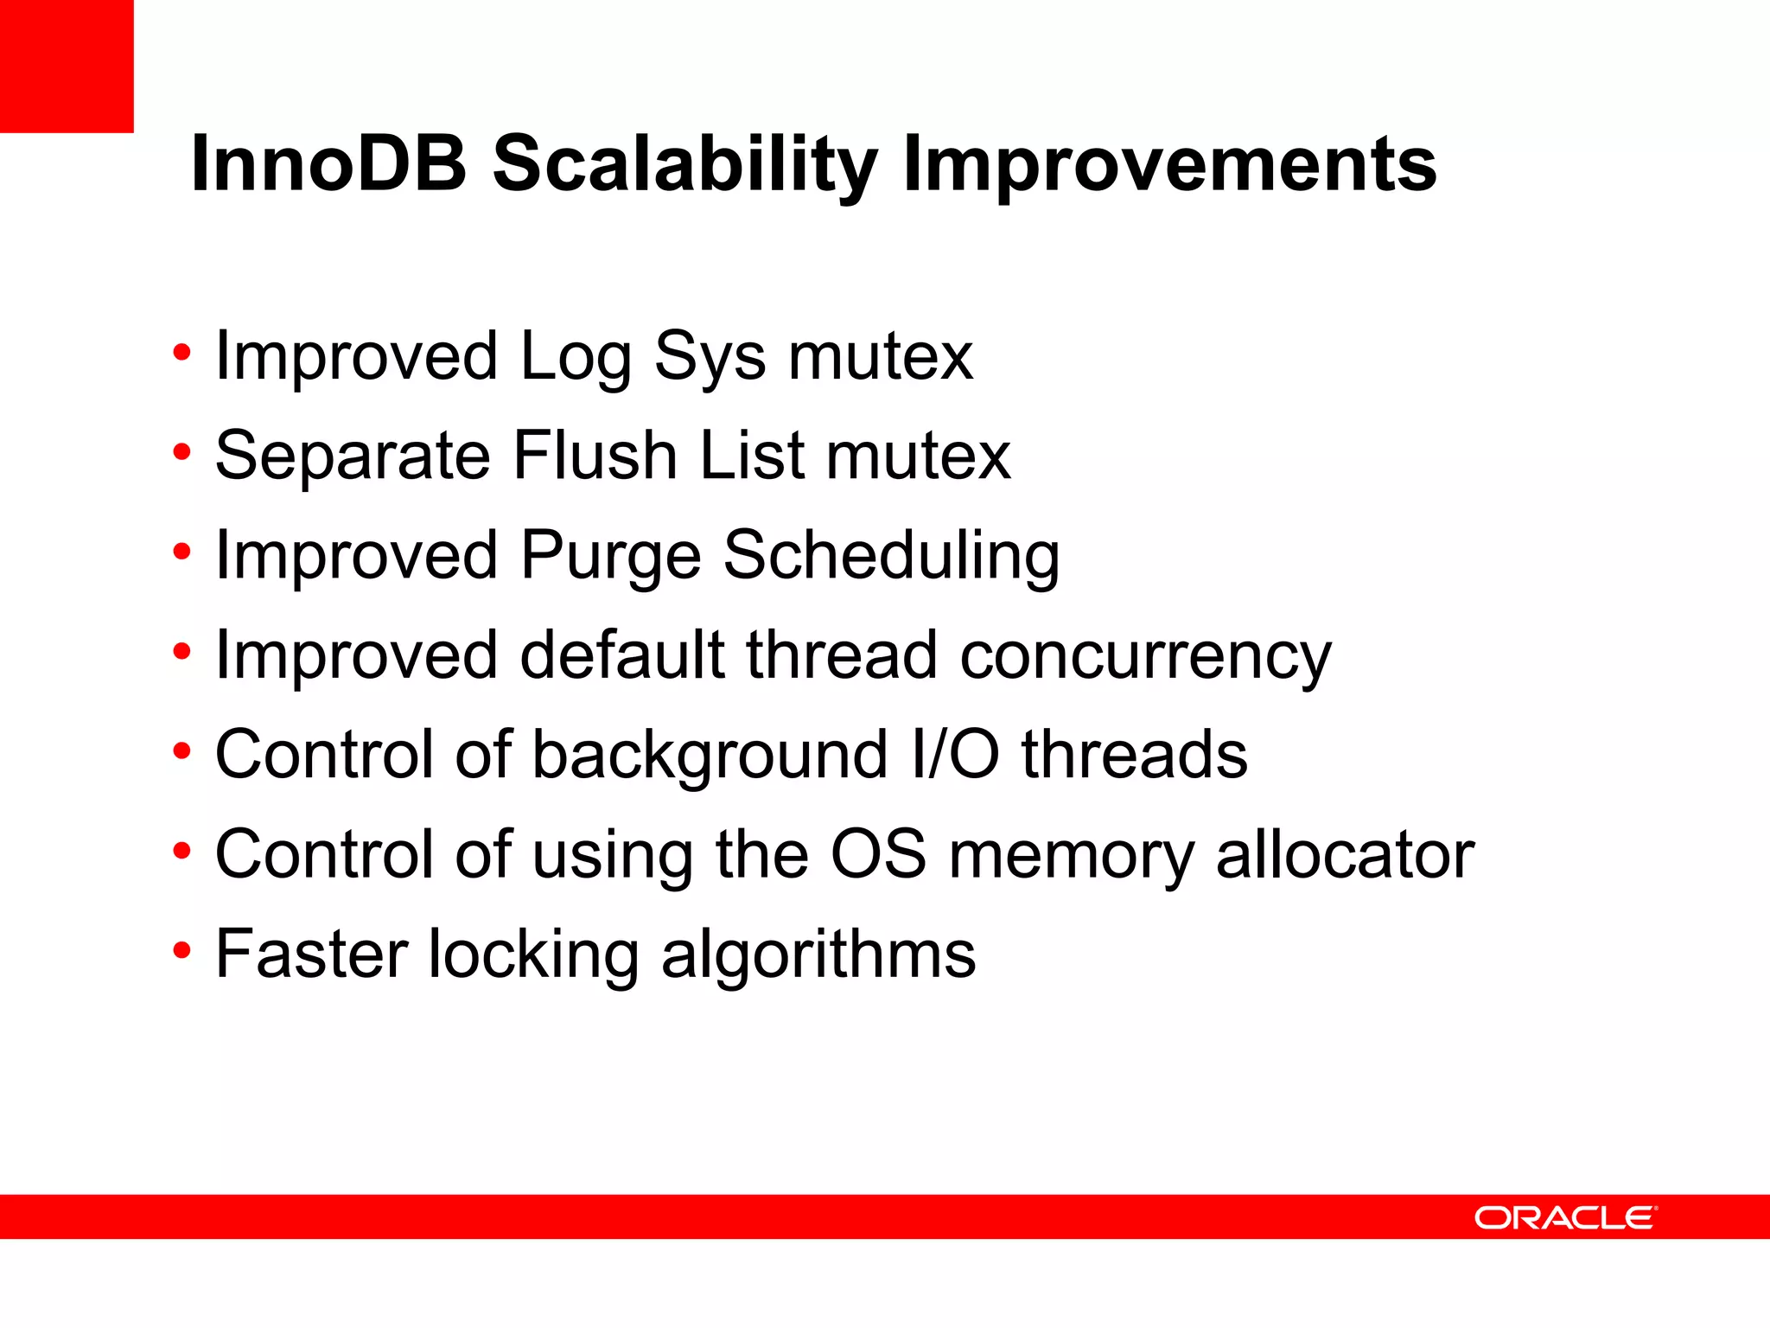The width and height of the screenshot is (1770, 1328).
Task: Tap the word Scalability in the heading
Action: (684, 164)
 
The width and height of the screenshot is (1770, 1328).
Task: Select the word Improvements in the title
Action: (1169, 164)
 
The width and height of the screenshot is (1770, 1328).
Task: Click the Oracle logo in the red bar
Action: (1565, 1217)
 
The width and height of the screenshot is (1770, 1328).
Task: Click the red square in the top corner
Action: (67, 66)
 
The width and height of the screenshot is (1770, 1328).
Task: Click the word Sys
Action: (710, 357)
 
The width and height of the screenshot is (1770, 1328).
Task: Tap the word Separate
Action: (353, 456)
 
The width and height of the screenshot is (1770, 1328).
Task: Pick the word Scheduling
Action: (891, 556)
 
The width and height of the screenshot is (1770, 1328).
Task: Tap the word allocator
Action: (1345, 854)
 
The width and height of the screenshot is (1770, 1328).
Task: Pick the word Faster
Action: (311, 954)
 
